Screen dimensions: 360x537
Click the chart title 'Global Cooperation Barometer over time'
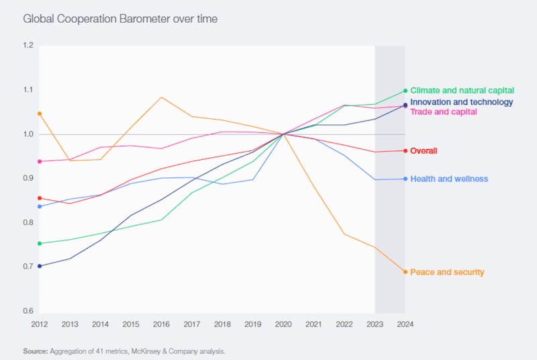119,19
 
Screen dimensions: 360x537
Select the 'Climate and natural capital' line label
462,90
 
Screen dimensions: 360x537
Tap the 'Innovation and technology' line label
461,102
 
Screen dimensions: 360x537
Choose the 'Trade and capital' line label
444,111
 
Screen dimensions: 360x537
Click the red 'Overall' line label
424,150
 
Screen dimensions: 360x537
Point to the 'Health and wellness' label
449,179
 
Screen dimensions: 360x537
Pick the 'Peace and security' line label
447,272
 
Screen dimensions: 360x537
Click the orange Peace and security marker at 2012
40,114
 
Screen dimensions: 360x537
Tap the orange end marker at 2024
405,272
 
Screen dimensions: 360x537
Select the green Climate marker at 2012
40,243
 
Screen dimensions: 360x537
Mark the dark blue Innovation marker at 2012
40,266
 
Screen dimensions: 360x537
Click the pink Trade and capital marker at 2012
40,161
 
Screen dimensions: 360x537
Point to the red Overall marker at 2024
405,150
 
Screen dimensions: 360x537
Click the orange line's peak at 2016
162,97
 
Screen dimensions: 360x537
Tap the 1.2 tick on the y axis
28,46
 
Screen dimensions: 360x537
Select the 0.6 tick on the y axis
28,311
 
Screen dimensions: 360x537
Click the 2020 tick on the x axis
283,324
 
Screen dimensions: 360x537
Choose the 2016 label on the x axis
162,324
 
